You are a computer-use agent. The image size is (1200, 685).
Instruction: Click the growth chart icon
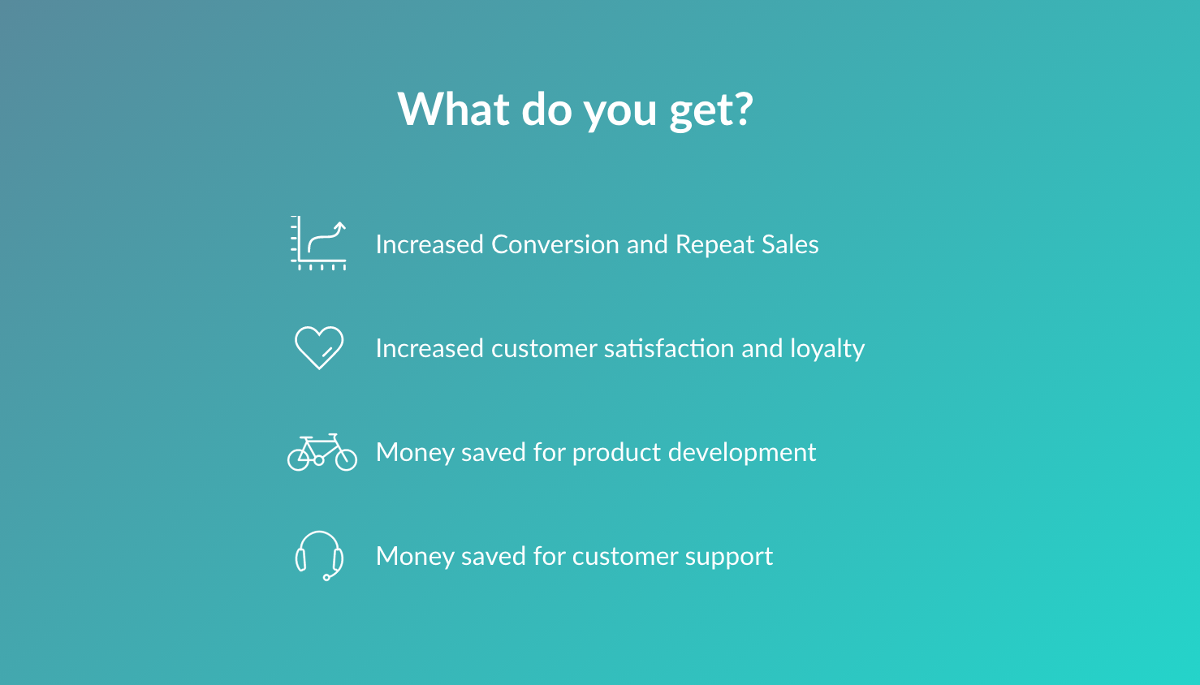(x=319, y=243)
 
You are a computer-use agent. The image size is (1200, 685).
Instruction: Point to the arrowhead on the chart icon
(x=340, y=225)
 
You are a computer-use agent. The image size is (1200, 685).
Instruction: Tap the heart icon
(x=319, y=347)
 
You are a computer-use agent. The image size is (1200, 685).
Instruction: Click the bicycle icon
(x=322, y=452)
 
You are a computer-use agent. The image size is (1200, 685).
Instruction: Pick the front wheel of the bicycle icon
(x=346, y=460)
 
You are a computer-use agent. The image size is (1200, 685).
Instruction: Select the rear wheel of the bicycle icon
(x=299, y=460)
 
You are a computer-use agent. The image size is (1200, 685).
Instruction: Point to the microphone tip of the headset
(x=326, y=578)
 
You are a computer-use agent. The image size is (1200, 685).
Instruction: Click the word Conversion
(x=555, y=244)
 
